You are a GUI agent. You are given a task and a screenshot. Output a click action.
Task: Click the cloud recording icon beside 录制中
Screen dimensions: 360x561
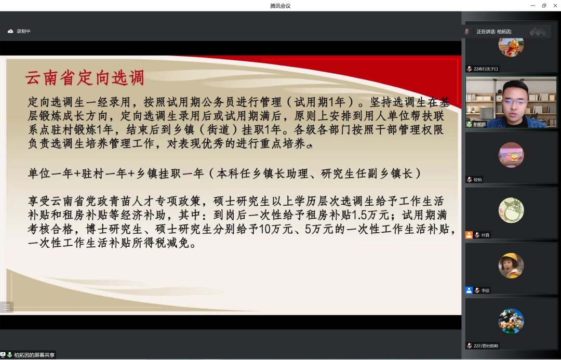(10, 31)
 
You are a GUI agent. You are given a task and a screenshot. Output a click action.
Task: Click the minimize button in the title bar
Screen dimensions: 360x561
(532, 6)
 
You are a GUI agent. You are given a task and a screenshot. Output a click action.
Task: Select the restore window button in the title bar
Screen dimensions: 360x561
(544, 6)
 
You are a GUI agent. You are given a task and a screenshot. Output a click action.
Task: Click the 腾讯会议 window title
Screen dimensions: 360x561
(280, 6)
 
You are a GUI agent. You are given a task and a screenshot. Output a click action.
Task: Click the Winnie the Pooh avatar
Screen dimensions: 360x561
(511, 45)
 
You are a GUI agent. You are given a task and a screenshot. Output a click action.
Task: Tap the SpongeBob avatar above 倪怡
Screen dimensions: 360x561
(511, 155)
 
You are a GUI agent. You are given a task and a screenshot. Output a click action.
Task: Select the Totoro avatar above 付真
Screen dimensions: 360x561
(511, 210)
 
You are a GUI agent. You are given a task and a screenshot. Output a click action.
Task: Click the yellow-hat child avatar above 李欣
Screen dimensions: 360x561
(511, 265)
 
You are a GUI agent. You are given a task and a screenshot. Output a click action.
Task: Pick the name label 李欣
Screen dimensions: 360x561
(485, 290)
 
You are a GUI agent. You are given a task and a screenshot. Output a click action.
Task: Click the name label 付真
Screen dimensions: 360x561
(485, 235)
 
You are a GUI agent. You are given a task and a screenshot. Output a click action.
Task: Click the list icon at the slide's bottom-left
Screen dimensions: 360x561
(7, 307)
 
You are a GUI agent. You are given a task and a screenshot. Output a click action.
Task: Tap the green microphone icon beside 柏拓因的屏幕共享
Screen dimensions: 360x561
(9, 355)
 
